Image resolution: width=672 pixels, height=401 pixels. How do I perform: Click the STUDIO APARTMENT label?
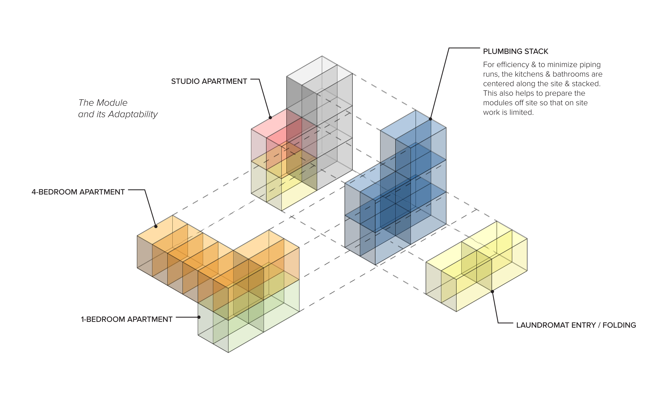[209, 81]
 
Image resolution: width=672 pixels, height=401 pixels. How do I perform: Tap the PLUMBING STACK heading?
[516, 51]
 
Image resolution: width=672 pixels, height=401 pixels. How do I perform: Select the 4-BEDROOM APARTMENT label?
[78, 192]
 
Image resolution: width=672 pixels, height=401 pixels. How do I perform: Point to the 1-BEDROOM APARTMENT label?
[127, 319]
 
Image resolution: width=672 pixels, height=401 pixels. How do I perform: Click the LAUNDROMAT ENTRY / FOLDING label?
[576, 325]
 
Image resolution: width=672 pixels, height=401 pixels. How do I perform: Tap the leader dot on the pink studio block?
[270, 118]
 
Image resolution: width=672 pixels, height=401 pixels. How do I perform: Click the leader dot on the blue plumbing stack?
[430, 119]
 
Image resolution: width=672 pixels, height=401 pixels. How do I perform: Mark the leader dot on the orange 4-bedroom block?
[156, 227]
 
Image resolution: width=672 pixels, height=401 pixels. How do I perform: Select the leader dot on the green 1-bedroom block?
[199, 317]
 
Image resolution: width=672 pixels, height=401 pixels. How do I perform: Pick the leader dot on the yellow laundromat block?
[492, 291]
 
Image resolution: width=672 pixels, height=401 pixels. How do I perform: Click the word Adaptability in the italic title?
[133, 115]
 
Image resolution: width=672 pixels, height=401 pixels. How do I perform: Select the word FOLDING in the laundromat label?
[619, 325]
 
